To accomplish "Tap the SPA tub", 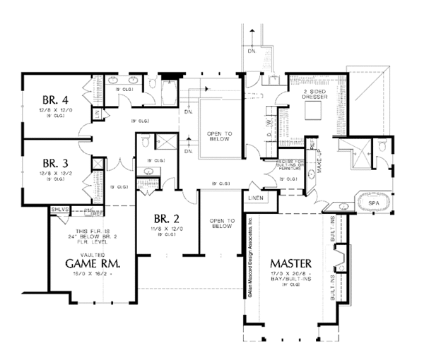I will pyautogui.click(x=372, y=203).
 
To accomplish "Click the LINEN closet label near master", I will pyautogui.click(x=254, y=198).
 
